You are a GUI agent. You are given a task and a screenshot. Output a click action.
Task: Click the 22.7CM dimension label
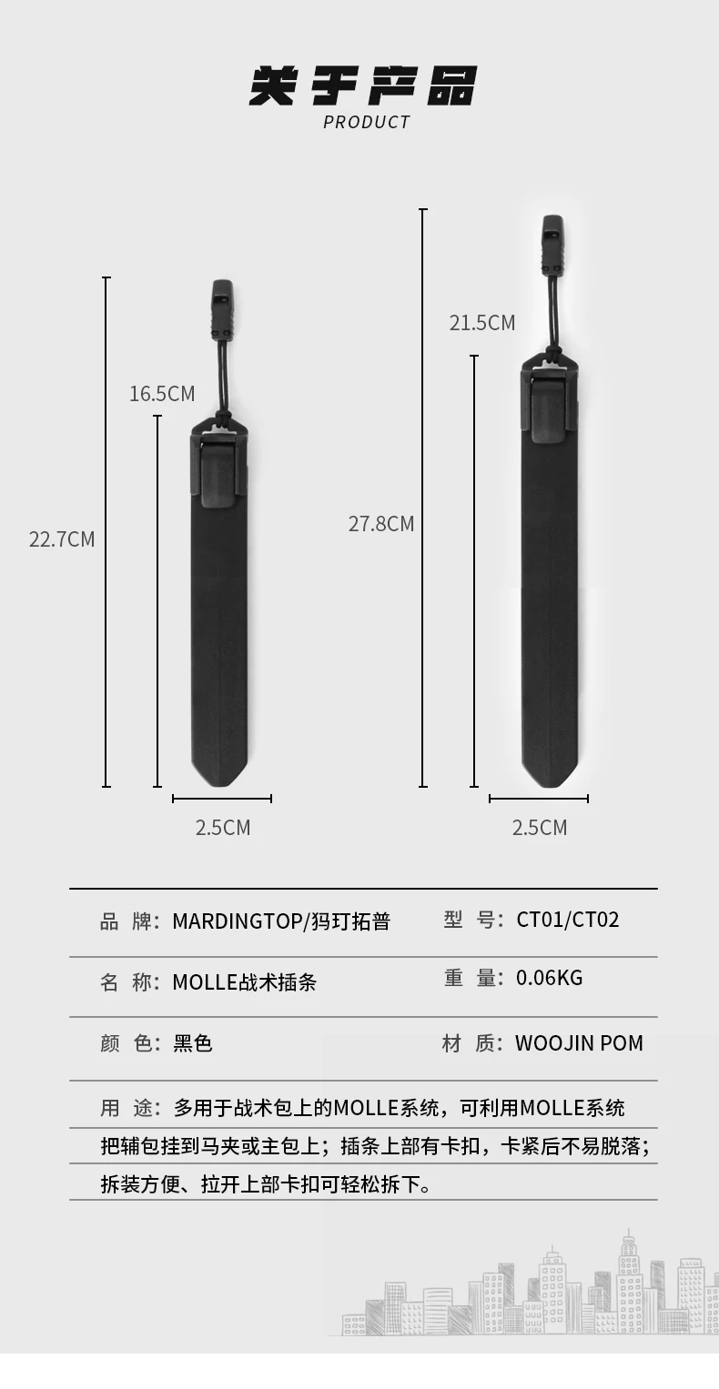[62, 538]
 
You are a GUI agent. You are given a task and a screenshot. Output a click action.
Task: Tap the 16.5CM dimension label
[162, 394]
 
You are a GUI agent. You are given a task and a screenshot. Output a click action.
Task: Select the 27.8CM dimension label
[381, 524]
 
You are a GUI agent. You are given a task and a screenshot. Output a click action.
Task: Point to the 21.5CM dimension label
[482, 323]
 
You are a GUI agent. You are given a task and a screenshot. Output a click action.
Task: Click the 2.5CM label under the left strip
[223, 828]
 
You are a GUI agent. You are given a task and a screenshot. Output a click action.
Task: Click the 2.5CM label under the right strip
[539, 828]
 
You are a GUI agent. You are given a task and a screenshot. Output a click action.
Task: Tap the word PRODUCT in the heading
[367, 122]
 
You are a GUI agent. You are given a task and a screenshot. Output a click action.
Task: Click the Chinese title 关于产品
[363, 86]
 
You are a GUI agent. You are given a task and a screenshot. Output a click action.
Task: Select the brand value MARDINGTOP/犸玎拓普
[281, 921]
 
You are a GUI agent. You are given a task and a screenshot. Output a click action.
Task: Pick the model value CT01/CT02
[568, 920]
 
